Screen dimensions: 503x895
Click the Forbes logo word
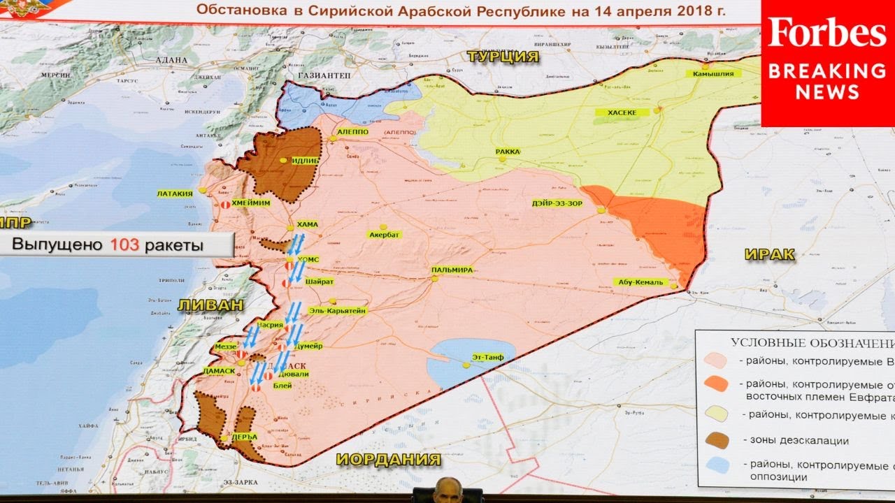[827, 33]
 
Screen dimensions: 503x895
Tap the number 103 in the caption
[126, 245]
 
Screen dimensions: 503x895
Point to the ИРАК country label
[769, 254]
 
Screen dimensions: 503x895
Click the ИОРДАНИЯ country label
[389, 459]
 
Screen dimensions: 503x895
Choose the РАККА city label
[508, 151]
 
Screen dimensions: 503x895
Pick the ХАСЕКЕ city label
[616, 112]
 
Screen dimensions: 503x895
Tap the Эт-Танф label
[487, 357]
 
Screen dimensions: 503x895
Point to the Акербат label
[384, 235]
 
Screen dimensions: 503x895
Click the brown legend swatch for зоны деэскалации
[717, 440]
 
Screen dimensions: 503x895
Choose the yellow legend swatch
[717, 414]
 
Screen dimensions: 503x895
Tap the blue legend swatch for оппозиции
[717, 466]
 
